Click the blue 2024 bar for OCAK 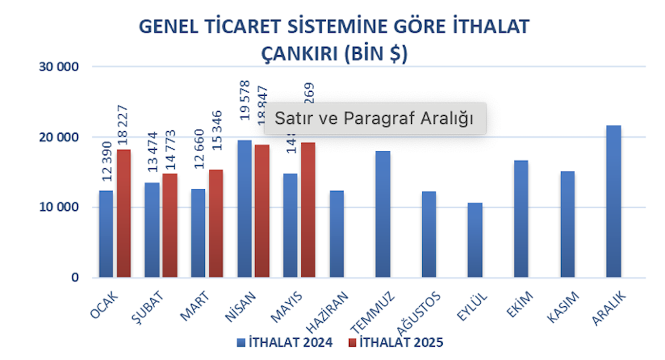(106, 234)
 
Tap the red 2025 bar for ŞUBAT (170, 226)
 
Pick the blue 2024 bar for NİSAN (244, 209)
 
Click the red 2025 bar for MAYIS (307, 210)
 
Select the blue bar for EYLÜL (475, 240)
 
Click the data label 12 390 (106, 162)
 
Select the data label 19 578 (244, 99)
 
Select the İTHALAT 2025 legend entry (396, 343)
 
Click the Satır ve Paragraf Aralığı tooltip (374, 119)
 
